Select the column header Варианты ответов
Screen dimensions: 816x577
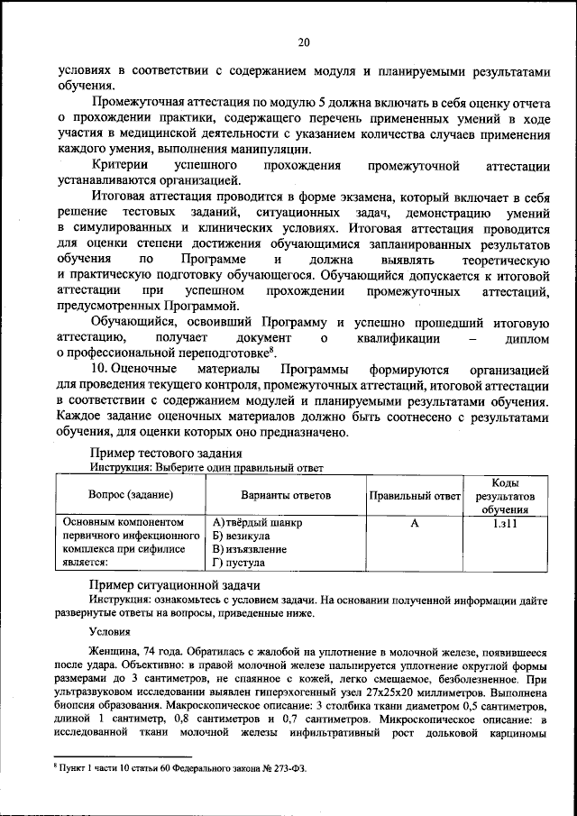point(285,495)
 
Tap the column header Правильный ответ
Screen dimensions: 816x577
point(415,495)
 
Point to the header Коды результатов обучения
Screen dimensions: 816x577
point(505,496)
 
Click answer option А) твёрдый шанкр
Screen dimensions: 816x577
point(257,523)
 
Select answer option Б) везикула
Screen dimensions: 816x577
point(243,536)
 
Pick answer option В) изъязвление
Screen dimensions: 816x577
point(252,548)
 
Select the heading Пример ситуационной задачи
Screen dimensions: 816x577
point(164,586)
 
